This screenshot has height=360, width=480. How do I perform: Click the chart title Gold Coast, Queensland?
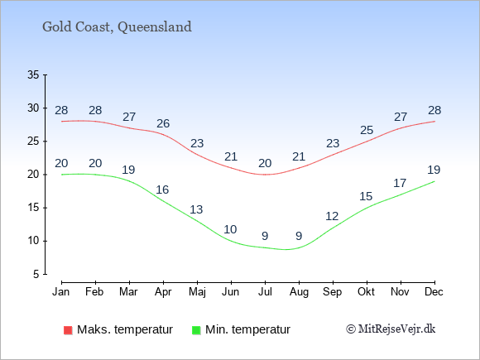pyautogui.click(x=117, y=27)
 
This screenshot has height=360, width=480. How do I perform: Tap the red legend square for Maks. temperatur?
pyautogui.click(x=68, y=330)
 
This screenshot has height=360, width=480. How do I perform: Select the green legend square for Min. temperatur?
pyautogui.click(x=196, y=330)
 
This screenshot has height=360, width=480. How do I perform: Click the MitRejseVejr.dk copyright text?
pyautogui.click(x=391, y=329)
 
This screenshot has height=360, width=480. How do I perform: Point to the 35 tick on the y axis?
pyautogui.click(x=33, y=74)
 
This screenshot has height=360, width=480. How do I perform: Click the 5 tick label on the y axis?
pyautogui.click(x=36, y=274)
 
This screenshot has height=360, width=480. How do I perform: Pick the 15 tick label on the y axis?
pyautogui.click(x=33, y=208)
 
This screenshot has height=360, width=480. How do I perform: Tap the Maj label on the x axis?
pyautogui.click(x=197, y=292)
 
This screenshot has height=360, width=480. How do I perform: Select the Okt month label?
pyautogui.click(x=366, y=292)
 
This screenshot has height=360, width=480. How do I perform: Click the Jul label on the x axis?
pyautogui.click(x=265, y=292)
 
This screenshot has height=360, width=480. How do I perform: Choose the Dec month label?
pyautogui.click(x=434, y=292)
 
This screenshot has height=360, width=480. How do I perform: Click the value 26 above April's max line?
pyautogui.click(x=163, y=123)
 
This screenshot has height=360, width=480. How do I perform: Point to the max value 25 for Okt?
pyautogui.click(x=367, y=131)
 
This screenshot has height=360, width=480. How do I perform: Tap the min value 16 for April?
pyautogui.click(x=162, y=190)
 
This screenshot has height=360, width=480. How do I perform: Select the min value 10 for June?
pyautogui.click(x=230, y=229)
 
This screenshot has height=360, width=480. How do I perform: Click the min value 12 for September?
pyautogui.click(x=332, y=217)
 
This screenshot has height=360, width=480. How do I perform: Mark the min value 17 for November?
pyautogui.click(x=400, y=184)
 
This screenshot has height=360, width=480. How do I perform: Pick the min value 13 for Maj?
pyautogui.click(x=196, y=209)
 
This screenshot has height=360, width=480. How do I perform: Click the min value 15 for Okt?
pyautogui.click(x=366, y=196)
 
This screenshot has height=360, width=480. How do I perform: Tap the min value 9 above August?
pyautogui.click(x=299, y=236)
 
